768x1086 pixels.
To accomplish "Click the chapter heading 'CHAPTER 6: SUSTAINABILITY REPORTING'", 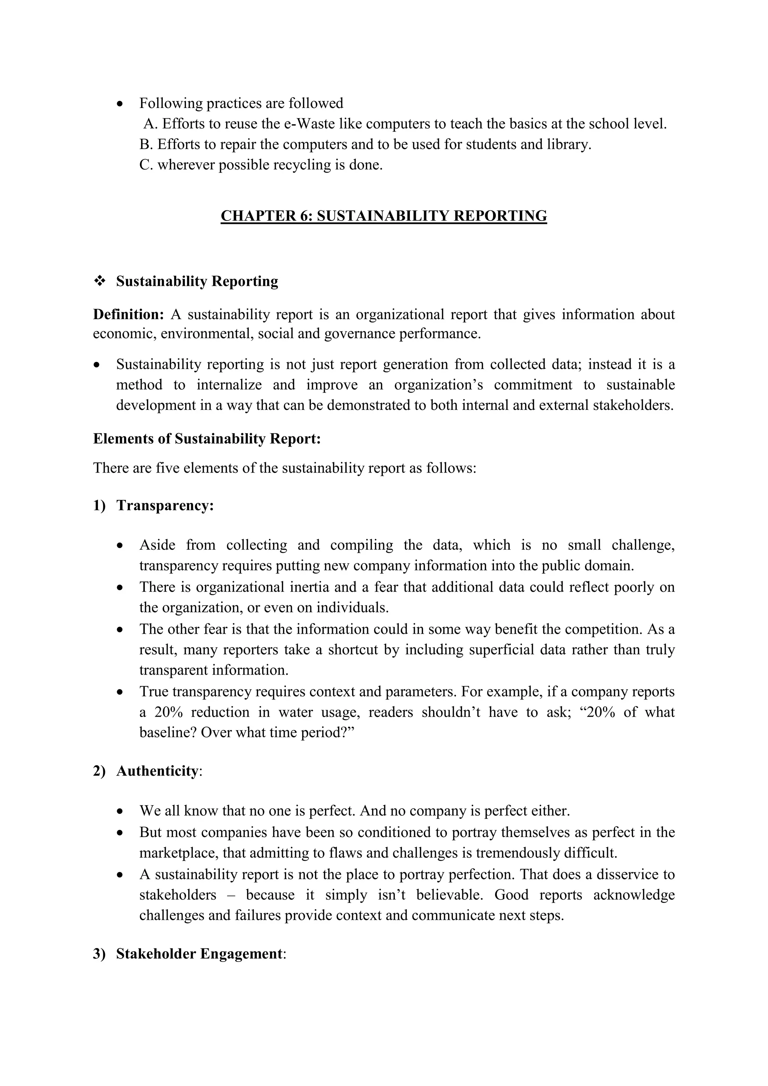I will [384, 216].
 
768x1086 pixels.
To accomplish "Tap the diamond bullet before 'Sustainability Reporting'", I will [100, 281].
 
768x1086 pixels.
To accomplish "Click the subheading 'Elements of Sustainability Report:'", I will [207, 438].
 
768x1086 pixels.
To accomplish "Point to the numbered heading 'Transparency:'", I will [165, 505].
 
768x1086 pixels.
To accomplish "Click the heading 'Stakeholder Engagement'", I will [199, 954].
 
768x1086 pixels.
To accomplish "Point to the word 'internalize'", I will [229, 384].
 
